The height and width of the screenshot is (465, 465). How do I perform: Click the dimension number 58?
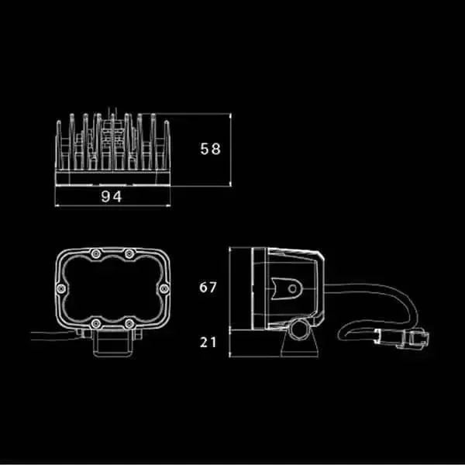[210, 149]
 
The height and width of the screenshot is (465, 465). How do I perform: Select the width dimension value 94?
[111, 197]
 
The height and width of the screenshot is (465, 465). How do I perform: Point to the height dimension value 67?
[208, 287]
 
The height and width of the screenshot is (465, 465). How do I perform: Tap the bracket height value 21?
[208, 343]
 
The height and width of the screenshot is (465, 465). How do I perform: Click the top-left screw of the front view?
[96, 253]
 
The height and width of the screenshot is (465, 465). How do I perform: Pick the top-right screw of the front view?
[129, 253]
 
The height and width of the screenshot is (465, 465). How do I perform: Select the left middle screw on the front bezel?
[61, 288]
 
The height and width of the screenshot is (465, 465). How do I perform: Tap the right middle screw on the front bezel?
[164, 288]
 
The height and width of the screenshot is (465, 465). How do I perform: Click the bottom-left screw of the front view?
[96, 323]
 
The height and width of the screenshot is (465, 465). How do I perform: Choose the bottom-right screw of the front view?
[129, 323]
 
